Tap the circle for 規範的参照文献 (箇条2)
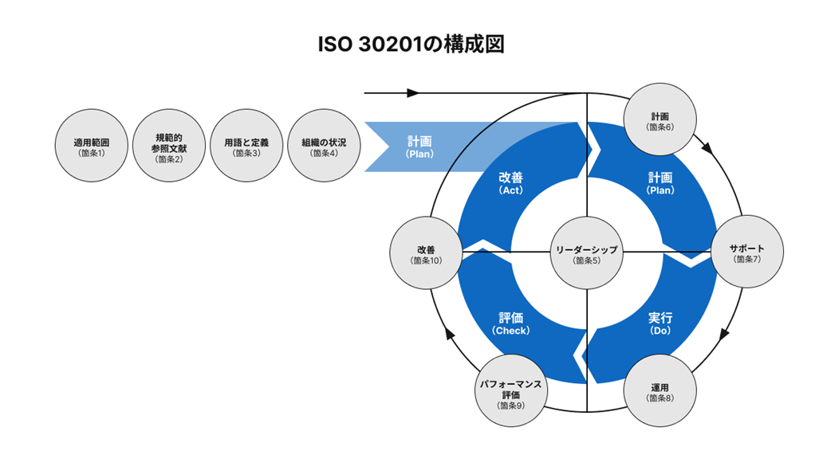coord(168,147)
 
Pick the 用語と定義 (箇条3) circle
coord(246,147)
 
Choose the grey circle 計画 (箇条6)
coord(661,120)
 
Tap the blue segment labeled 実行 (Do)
coord(661,323)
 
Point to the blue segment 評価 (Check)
coord(511,323)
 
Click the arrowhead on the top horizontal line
coord(413,93)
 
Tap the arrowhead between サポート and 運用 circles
coord(724,335)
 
